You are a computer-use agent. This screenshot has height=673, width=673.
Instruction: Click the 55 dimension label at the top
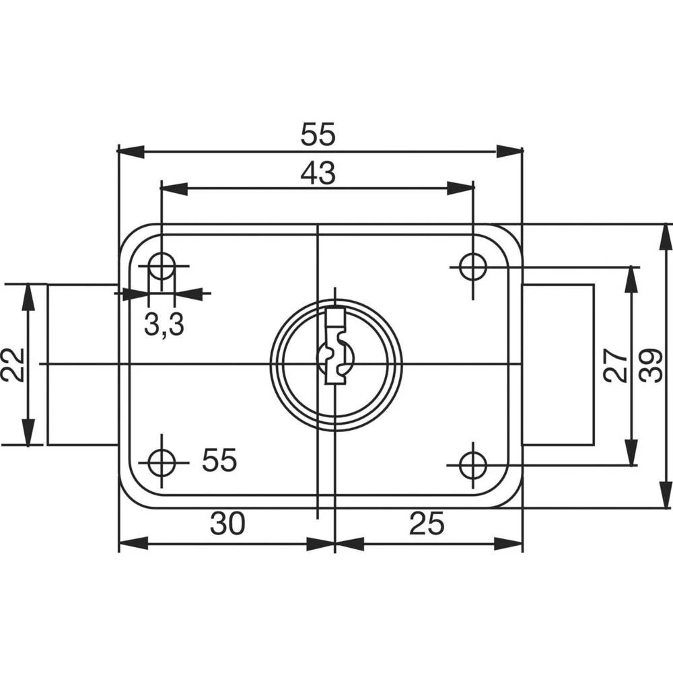[318, 135]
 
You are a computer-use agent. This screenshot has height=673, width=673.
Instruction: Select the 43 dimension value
[318, 174]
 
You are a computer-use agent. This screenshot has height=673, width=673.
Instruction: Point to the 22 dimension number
[13, 364]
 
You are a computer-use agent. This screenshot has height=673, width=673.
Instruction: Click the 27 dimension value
[614, 365]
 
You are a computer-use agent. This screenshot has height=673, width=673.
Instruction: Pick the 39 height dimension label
[651, 365]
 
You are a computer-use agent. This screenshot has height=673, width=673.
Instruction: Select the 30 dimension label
[227, 524]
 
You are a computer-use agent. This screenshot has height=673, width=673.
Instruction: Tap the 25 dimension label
[426, 524]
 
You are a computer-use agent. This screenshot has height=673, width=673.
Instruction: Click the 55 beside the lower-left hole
[220, 461]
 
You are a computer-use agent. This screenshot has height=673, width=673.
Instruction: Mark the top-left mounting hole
[162, 266]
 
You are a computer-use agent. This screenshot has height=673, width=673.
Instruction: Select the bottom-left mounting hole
[162, 462]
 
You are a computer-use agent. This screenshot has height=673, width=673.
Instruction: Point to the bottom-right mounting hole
[473, 464]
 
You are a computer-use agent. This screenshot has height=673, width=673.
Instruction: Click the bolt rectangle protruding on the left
[83, 364]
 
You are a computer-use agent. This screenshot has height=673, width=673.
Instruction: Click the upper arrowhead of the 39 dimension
[665, 237]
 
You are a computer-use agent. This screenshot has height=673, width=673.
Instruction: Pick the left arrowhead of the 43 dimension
[174, 188]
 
